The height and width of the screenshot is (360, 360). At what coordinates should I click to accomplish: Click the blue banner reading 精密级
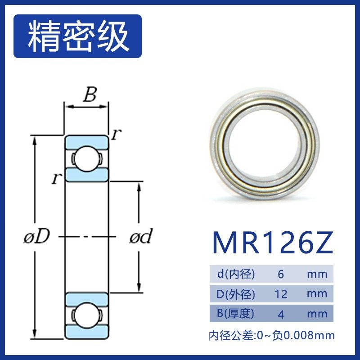pos(77,36)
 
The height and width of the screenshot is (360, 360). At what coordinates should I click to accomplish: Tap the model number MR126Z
pos(273,243)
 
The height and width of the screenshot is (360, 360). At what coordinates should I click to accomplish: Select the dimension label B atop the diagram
pos(90,95)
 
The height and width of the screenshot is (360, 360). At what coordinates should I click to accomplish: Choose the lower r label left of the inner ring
pos(56,179)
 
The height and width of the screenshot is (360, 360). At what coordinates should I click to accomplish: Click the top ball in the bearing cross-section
pos(86,158)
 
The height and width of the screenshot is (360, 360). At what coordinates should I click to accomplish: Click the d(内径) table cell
pos(234,274)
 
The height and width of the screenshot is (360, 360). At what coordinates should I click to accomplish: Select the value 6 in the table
pos(281,274)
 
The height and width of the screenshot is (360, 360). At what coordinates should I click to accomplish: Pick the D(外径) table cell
pos(234,294)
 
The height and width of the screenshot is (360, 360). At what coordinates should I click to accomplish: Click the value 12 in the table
pos(281,294)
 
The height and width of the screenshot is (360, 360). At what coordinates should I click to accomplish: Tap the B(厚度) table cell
pos(234,314)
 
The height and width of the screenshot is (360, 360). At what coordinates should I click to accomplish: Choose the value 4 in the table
pos(281,314)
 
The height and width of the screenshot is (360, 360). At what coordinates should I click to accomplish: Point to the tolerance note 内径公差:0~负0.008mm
pos(272,335)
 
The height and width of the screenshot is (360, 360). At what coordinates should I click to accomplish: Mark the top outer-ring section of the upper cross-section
pos(86,140)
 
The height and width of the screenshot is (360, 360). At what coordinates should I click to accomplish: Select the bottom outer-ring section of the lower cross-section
pos(86,332)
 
